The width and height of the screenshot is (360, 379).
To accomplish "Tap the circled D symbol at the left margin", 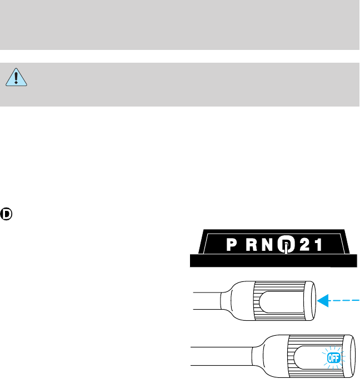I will click(7, 214).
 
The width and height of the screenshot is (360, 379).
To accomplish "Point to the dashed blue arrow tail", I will click(347, 300).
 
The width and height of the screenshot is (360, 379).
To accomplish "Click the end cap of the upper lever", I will click(311, 300).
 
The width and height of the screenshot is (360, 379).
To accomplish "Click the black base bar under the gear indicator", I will click(272, 261).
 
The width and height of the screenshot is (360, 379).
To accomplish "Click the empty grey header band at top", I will click(180, 25).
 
